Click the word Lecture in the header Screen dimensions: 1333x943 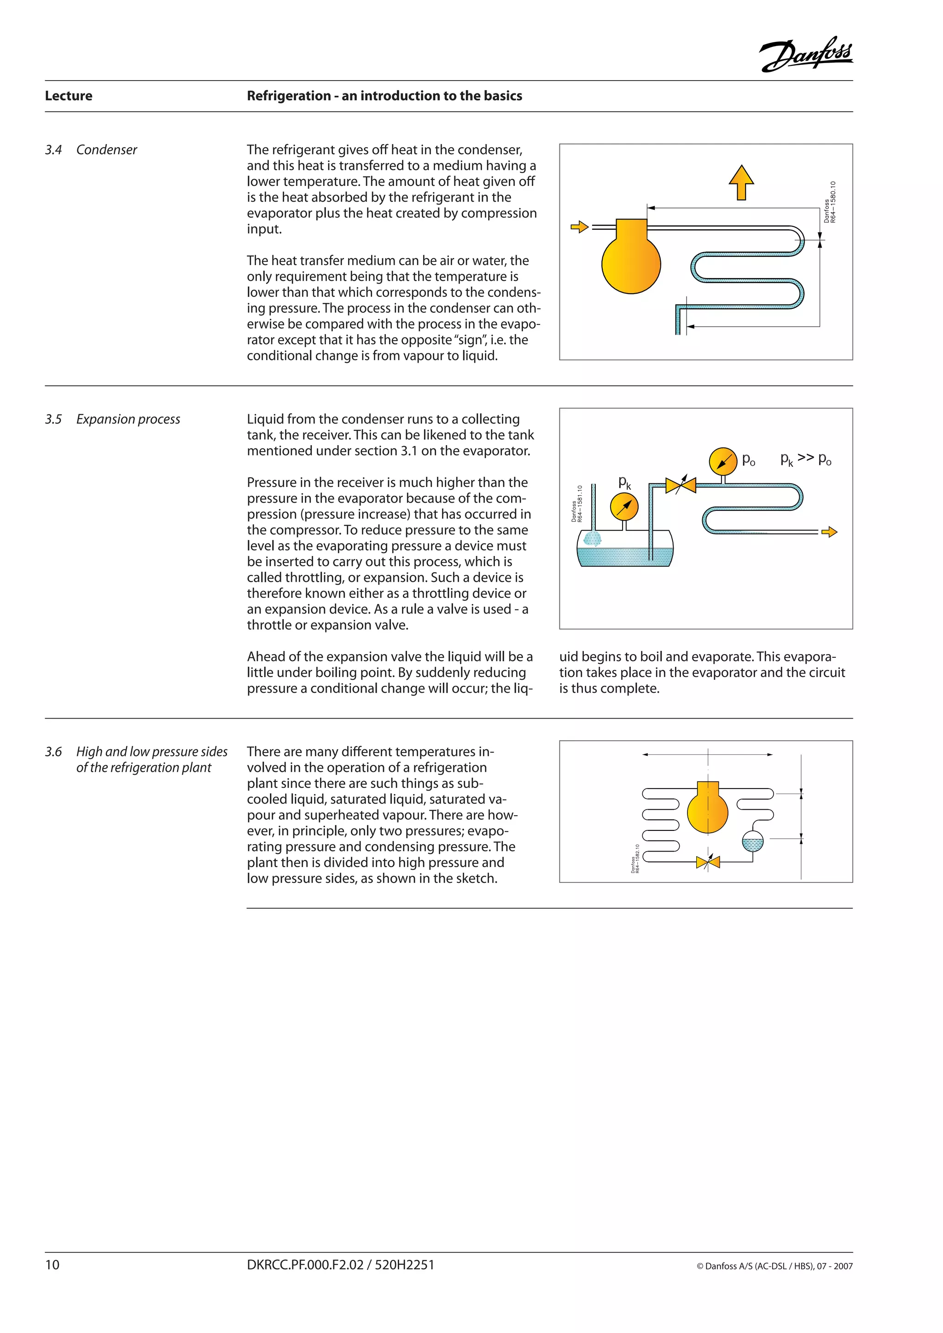(69, 96)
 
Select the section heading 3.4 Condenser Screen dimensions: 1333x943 (91, 150)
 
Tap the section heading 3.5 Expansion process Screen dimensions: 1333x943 (113, 419)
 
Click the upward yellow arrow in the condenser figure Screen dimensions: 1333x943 (741, 182)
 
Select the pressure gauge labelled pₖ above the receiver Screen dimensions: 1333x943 (624, 507)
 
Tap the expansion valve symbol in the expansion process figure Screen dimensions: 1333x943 (681, 485)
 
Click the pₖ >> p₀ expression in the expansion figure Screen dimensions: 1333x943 (806, 459)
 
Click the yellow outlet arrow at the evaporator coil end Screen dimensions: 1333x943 (829, 532)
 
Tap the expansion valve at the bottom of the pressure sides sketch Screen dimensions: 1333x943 (708, 862)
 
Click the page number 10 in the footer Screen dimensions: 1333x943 (52, 1265)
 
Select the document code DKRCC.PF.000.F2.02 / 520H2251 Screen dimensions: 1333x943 (340, 1265)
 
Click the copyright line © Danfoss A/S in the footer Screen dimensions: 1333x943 (774, 1266)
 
